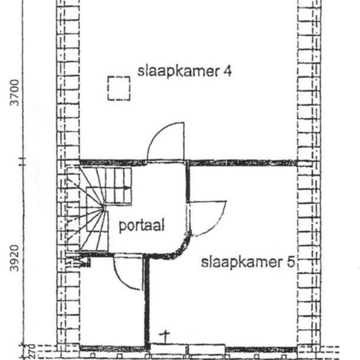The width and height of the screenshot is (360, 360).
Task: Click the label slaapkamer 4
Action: pos(184,71)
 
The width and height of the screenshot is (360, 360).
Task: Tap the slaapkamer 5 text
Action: pos(248,262)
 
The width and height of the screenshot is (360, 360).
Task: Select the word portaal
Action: pos(142,225)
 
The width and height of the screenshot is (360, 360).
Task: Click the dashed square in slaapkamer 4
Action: pos(119,88)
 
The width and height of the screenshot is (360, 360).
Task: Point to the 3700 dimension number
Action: pos(15,93)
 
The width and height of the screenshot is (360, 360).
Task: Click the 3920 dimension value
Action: pos(15,258)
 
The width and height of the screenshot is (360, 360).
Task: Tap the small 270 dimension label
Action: pos(32,351)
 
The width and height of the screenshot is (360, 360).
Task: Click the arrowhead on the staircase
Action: pos(127,189)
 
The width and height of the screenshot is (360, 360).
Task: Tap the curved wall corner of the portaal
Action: pos(181,247)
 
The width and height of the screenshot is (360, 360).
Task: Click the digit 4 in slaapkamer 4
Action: pos(228,71)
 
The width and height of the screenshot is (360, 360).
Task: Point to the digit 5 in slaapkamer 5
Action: pos(291,262)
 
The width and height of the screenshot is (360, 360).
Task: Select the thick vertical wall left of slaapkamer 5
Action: pos(147,301)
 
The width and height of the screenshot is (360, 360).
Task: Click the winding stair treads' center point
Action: pos(104,208)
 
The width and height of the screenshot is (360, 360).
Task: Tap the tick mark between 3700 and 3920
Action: pos(23,161)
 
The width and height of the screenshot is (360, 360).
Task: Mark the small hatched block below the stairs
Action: pos(84,262)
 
